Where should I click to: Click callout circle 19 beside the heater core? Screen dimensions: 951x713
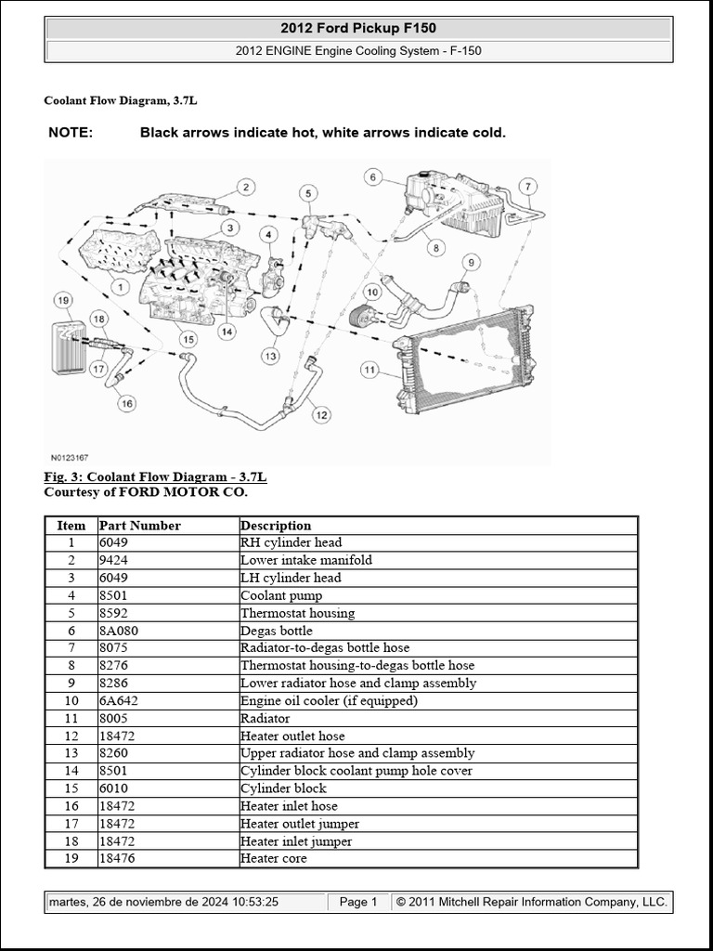tap(63, 300)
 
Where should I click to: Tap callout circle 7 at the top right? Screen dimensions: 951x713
tap(526, 186)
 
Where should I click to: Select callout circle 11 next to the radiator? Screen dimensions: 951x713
tap(369, 371)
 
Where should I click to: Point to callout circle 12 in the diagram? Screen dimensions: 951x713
tap(321, 415)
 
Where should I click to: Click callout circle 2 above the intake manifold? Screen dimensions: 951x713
tap(245, 188)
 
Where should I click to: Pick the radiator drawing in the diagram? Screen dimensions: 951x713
tap(464, 358)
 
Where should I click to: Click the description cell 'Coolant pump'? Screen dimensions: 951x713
tap(281, 595)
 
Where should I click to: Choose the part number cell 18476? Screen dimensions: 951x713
tap(117, 859)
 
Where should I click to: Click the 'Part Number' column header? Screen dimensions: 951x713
tap(139, 526)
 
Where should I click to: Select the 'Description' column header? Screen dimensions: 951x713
tap(276, 526)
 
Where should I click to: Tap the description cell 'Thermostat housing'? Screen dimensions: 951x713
tap(297, 613)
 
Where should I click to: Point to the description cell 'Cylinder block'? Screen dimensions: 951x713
tap(283, 788)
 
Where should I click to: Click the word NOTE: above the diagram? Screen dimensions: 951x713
tap(71, 133)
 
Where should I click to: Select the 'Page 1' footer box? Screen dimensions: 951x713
tap(358, 902)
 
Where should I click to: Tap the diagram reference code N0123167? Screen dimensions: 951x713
tap(70, 457)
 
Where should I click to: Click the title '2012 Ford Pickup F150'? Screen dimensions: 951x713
tap(358, 29)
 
